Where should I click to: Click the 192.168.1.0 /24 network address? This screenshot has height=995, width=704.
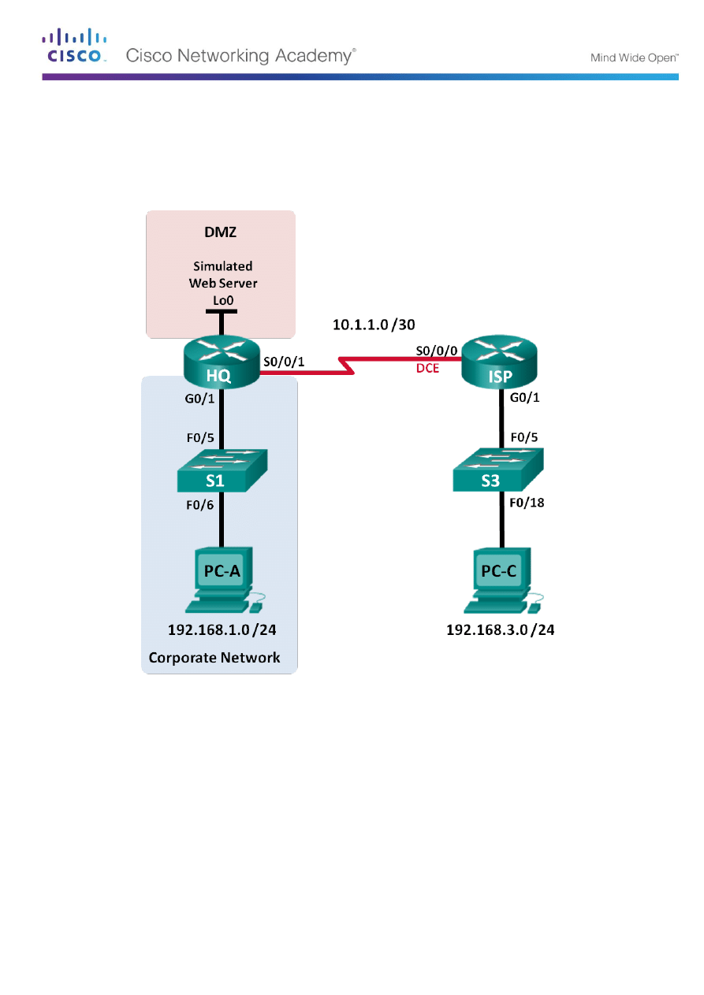point(222,630)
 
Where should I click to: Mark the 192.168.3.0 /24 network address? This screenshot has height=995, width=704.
point(501,630)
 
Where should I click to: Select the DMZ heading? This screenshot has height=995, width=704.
point(222,234)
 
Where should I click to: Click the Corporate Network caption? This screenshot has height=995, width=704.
point(214,657)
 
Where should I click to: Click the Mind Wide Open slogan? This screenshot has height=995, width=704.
point(634,58)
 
